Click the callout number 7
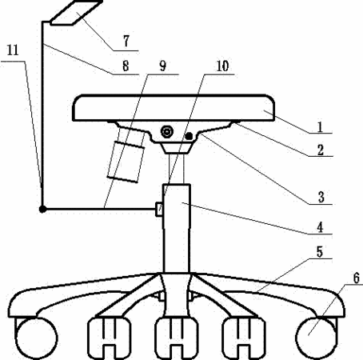tap(126, 41)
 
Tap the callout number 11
tap(13, 50)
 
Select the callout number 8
tap(126, 66)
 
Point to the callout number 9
tap(162, 66)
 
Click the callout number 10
tap(222, 66)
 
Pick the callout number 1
tap(320, 126)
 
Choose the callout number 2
tap(321, 150)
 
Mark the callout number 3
tap(321, 197)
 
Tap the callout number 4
tap(320, 227)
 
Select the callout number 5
tap(320, 252)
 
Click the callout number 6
tap(357, 278)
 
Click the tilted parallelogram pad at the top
tap(76, 13)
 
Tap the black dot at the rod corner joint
tap(42, 210)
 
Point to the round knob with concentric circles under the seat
tap(167, 131)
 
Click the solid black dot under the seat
tap(189, 136)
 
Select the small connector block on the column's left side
tap(159, 210)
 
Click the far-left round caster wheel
tap(37, 338)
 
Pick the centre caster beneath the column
tap(177, 338)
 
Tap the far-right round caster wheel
tap(317, 338)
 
